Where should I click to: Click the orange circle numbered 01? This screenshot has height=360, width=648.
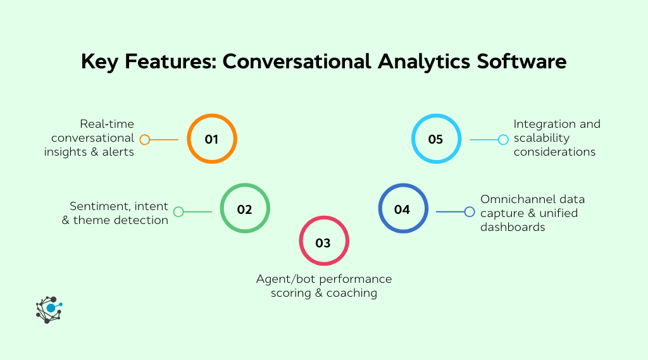click(212, 139)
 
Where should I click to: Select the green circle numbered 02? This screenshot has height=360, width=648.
click(245, 209)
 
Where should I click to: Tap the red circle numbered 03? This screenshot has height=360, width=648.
click(323, 242)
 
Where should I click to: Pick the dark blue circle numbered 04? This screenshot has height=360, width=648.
click(402, 209)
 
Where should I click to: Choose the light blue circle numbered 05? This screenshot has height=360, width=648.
click(435, 139)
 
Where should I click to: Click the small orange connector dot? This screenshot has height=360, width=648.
click(145, 139)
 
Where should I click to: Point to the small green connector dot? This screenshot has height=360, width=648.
click(178, 212)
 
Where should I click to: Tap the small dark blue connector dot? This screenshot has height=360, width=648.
click(470, 212)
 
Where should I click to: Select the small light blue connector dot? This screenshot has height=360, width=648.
click(503, 139)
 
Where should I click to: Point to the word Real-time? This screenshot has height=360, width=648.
click(107, 123)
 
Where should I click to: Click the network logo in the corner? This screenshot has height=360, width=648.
click(49, 309)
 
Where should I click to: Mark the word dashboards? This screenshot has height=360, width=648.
click(513, 227)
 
